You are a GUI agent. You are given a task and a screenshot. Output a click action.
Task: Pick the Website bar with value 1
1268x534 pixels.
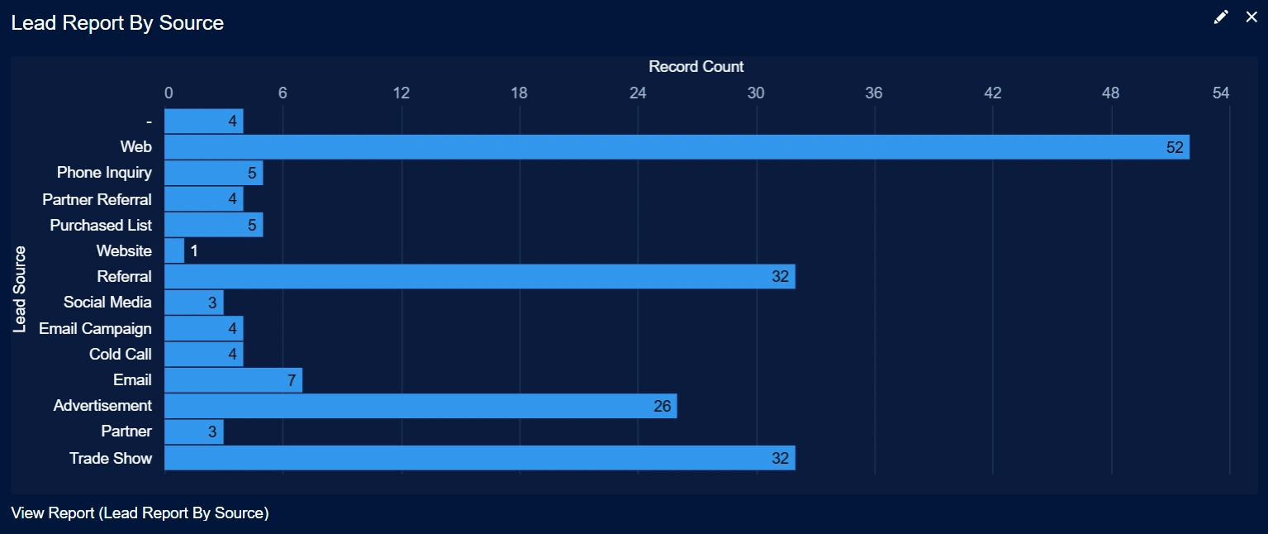[x=174, y=250]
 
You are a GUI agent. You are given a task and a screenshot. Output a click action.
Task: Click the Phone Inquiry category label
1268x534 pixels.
[x=104, y=173]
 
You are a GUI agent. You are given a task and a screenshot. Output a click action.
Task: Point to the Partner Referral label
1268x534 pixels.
[x=97, y=199]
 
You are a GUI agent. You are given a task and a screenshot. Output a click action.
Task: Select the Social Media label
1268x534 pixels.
[x=107, y=303]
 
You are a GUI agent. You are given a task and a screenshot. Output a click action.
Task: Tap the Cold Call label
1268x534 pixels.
[x=120, y=355]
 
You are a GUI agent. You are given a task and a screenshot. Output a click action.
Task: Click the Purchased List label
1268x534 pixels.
[x=101, y=225]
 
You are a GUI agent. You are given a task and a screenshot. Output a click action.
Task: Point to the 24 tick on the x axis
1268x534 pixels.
[x=638, y=93]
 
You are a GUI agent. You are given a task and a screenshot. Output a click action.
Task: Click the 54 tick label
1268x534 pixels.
[x=1221, y=93]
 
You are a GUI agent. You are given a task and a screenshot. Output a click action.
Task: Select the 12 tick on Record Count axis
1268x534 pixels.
[x=401, y=93]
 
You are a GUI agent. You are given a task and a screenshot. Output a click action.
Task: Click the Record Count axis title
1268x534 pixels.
[x=696, y=67]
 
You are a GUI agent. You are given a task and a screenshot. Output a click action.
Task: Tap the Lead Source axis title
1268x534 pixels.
[x=21, y=289]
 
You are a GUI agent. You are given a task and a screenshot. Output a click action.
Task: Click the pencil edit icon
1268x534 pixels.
[x=1221, y=17]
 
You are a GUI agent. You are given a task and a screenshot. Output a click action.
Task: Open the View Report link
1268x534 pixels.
[x=140, y=513]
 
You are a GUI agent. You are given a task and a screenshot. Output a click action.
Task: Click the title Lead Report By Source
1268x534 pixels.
[x=117, y=23]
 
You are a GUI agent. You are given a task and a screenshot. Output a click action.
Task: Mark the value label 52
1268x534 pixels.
[x=1175, y=147]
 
